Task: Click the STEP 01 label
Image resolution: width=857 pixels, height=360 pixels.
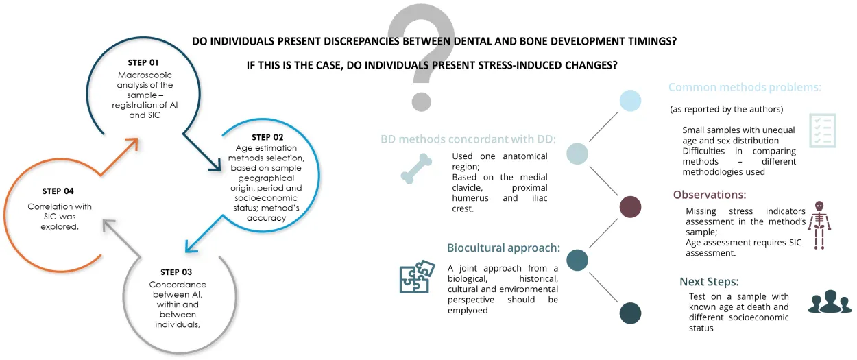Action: pos(143,62)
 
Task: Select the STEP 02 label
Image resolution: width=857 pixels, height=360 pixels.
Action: pos(271,136)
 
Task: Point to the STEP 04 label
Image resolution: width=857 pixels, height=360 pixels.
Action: pos(58,191)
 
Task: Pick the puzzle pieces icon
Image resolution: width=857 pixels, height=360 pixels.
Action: pos(415,276)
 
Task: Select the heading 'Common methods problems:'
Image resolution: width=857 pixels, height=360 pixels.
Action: pos(745,88)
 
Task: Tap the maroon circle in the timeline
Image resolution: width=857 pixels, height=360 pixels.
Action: pos(629,207)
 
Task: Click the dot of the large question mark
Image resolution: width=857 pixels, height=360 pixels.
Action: pos(421,101)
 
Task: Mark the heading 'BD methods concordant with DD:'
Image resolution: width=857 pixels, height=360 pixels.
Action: pos(468,139)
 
